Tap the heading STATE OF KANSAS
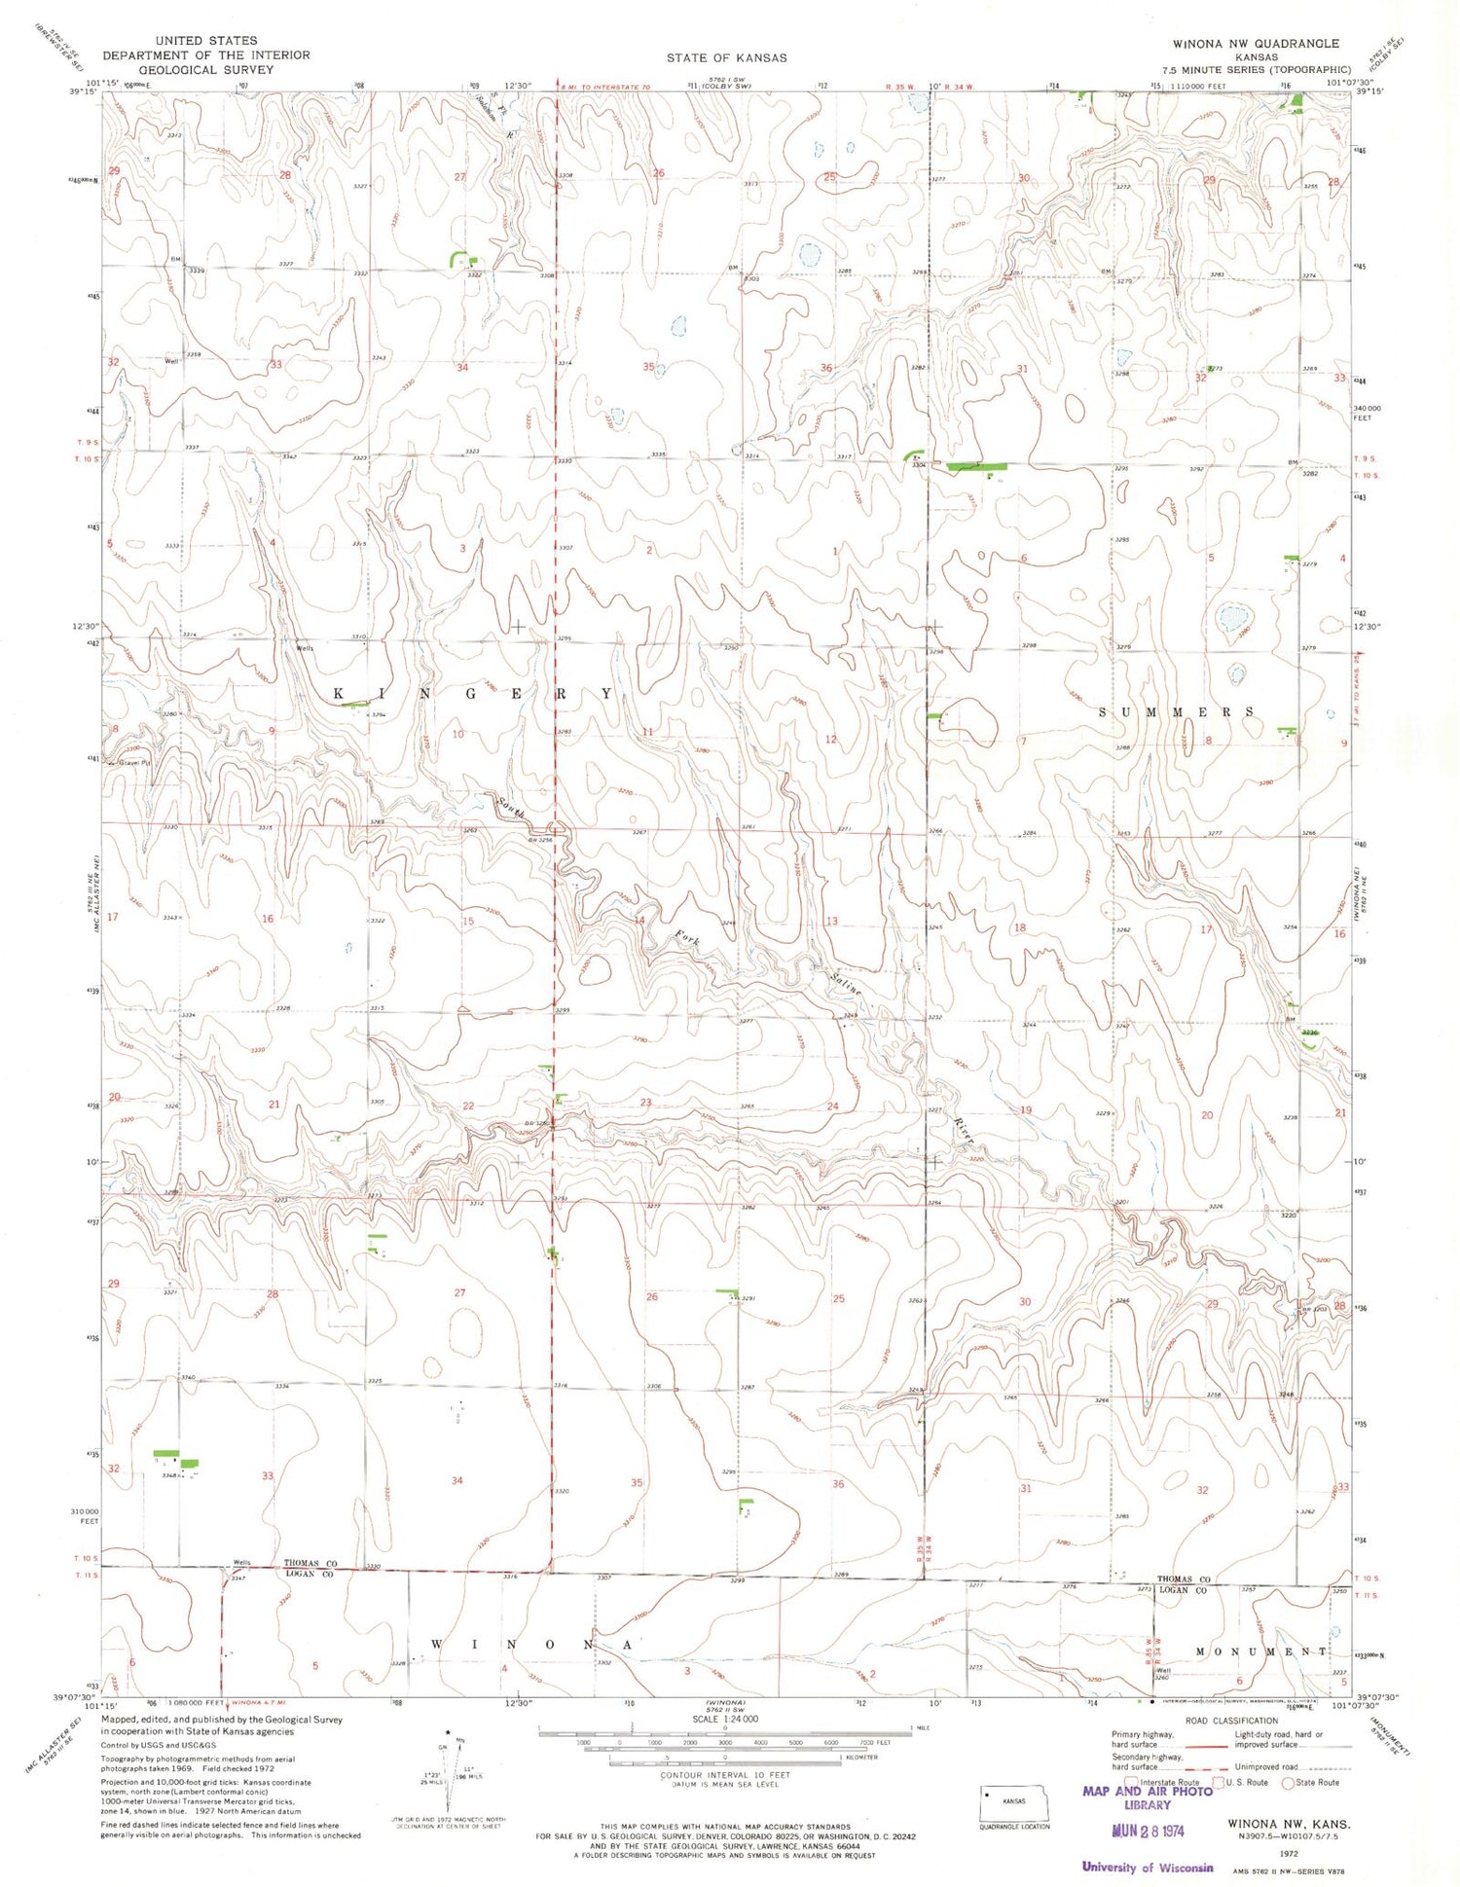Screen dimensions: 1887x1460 point(726,57)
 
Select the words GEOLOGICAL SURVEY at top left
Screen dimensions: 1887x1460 point(205,70)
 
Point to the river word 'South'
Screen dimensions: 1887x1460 point(512,807)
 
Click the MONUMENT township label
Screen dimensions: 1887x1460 point(1260,1651)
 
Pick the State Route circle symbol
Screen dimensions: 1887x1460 point(1289,1782)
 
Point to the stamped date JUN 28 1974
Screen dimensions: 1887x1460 point(1148,1830)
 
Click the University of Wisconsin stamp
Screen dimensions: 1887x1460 point(1148,1867)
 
